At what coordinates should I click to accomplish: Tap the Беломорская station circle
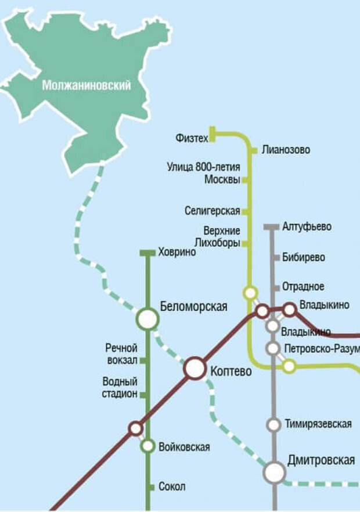(x=147, y=318)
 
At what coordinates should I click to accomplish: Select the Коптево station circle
(x=195, y=368)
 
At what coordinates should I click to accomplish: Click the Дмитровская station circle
(x=274, y=473)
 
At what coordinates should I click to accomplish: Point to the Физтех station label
(x=192, y=138)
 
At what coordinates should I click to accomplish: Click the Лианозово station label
(x=286, y=150)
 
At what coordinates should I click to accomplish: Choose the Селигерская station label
(x=213, y=211)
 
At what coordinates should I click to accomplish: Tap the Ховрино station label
(x=177, y=253)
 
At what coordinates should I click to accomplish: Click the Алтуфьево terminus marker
(x=272, y=227)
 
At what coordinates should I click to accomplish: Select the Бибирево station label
(x=303, y=257)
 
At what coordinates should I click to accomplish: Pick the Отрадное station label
(x=303, y=287)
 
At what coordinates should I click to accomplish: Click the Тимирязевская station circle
(x=273, y=425)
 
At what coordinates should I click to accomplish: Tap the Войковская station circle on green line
(x=147, y=446)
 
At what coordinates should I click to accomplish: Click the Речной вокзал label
(x=121, y=354)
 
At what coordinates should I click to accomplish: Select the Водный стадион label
(x=120, y=388)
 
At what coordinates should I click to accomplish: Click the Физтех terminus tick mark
(x=213, y=134)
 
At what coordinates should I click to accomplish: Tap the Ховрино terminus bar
(x=147, y=253)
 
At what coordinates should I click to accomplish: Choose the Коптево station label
(x=231, y=371)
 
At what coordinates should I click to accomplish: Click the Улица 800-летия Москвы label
(x=203, y=174)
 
